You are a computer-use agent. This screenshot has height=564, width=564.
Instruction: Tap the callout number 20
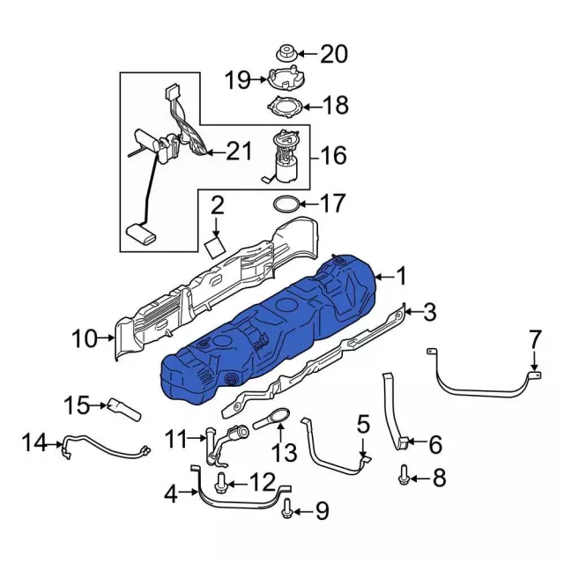(333, 54)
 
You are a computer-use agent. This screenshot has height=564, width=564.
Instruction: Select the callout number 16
(333, 156)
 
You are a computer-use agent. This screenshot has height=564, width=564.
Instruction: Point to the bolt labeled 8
(404, 478)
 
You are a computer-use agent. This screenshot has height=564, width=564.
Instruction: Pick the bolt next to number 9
(287, 509)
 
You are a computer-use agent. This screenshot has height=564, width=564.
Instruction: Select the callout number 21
(238, 152)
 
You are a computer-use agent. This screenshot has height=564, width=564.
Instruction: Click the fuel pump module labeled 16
(286, 157)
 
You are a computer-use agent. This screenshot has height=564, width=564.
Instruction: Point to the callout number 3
(429, 311)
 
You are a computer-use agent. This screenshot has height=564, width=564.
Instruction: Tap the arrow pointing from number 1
(381, 278)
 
